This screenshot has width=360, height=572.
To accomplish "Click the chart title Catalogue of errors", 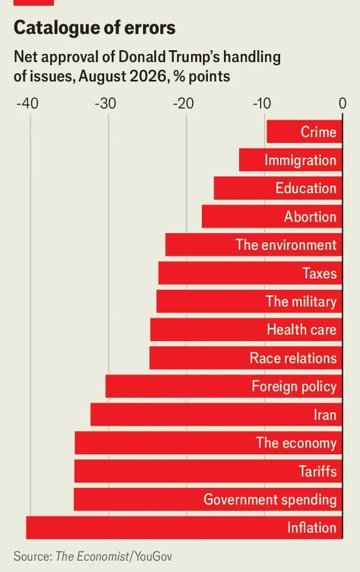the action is pyautogui.click(x=95, y=28).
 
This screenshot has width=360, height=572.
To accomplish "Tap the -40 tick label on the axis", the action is pyautogui.click(x=27, y=104).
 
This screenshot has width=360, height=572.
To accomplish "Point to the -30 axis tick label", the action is pyautogui.click(x=105, y=104).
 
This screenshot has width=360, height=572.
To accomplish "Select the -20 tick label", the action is pyautogui.click(x=183, y=104).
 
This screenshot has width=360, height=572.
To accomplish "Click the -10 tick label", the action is pyautogui.click(x=262, y=104).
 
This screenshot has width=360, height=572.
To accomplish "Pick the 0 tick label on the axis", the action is pyautogui.click(x=342, y=104).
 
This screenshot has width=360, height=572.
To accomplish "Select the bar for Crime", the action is pyautogui.click(x=304, y=131).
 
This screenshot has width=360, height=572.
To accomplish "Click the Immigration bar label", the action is pyautogui.click(x=300, y=160).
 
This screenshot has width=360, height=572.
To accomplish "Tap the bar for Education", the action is pyautogui.click(x=278, y=188).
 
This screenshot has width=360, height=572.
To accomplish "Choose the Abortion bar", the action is pyautogui.click(x=272, y=216).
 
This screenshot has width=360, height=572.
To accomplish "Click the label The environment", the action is pyautogui.click(x=286, y=245).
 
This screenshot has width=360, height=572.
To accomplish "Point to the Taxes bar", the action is pyautogui.click(x=250, y=273).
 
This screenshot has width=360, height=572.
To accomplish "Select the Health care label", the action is pyautogui.click(x=301, y=329).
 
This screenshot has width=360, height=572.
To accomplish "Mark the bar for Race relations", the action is pyautogui.click(x=246, y=358).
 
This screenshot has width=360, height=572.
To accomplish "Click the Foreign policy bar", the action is pyautogui.click(x=224, y=386).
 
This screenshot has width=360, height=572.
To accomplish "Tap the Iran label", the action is pyautogui.click(x=325, y=414).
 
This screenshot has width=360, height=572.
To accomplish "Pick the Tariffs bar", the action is pyautogui.click(x=208, y=471).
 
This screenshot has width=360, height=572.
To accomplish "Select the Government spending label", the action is pyautogui.click(x=270, y=500).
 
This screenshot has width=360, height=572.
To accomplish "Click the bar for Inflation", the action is pyautogui.click(x=184, y=528).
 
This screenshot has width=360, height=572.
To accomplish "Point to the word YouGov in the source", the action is pyautogui.click(x=153, y=557).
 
